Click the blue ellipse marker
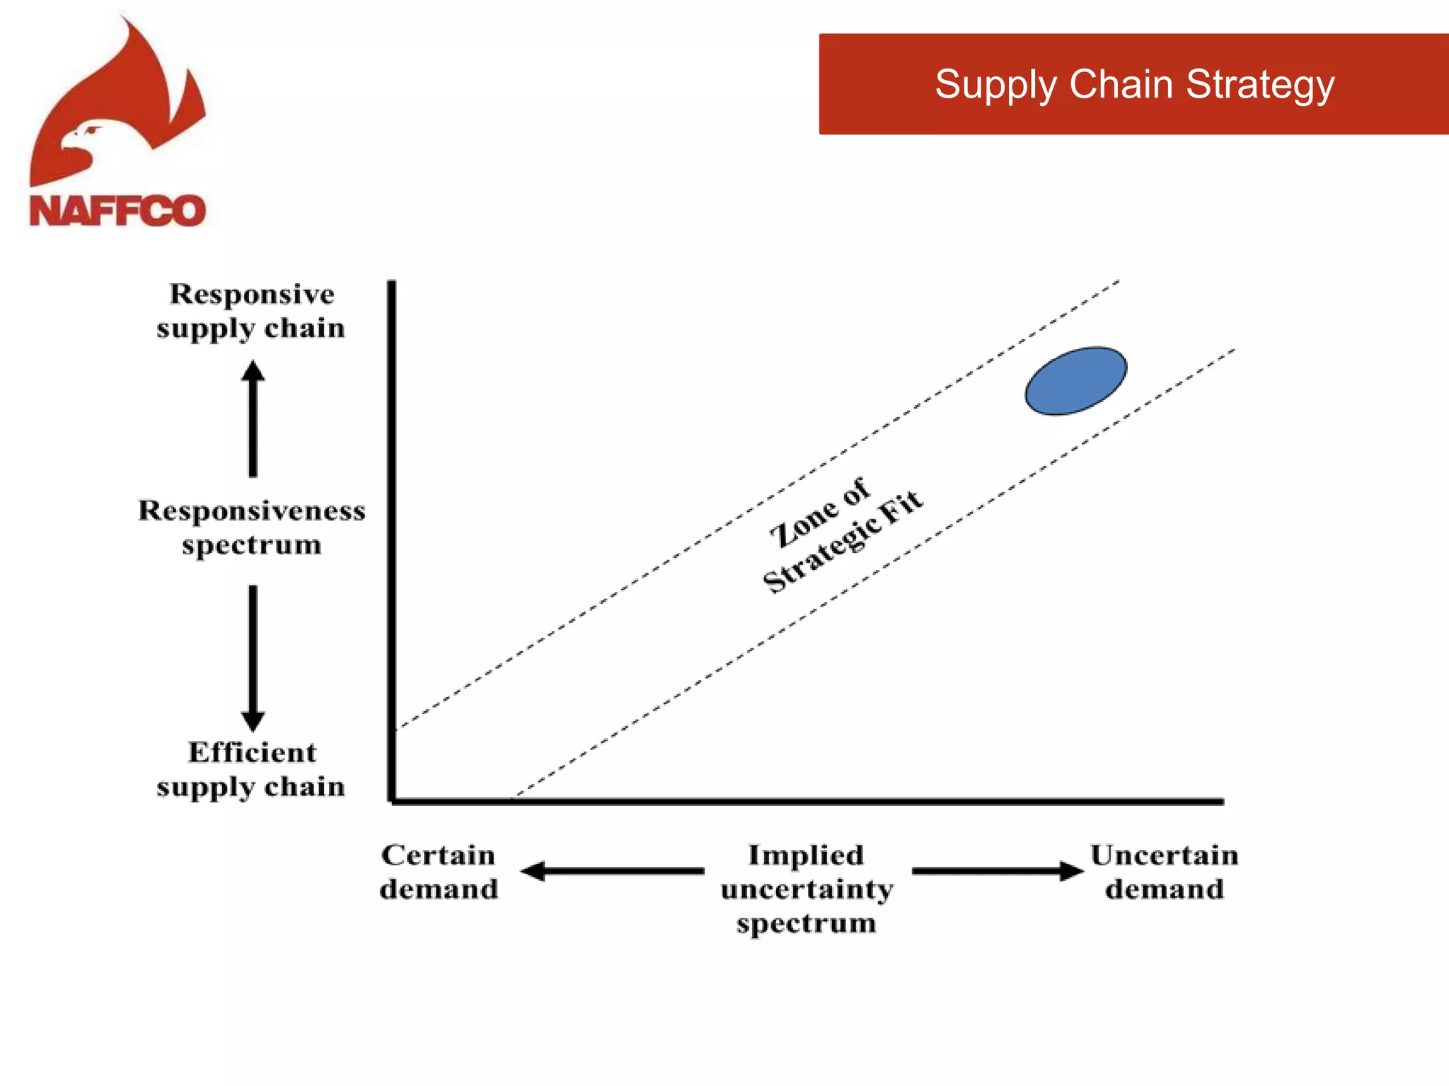click(1075, 380)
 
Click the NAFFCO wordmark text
click(117, 211)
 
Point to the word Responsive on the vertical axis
click(252, 294)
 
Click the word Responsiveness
click(252, 510)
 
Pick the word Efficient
click(252, 752)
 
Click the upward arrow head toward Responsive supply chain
click(253, 371)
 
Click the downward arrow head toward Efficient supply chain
click(253, 721)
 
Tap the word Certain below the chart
click(438, 855)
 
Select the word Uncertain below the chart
click(1164, 855)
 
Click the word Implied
click(806, 855)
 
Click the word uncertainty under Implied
click(807, 889)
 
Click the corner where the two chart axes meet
click(393, 801)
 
